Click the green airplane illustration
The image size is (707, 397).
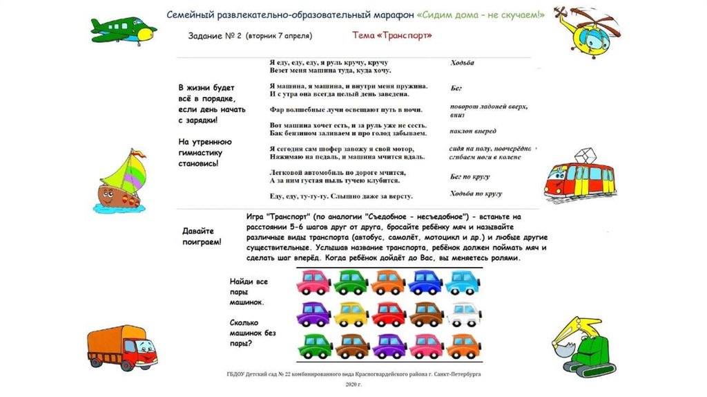(123, 29)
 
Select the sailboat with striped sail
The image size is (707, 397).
(123, 181)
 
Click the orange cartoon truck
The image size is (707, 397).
(122, 348)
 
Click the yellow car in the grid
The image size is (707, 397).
(351, 314)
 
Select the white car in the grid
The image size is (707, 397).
(463, 314)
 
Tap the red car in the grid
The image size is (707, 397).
(389, 314)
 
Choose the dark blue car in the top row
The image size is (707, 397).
(425, 281)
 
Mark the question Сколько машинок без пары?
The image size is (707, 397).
(253, 333)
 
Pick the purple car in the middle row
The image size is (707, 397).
(313, 314)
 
